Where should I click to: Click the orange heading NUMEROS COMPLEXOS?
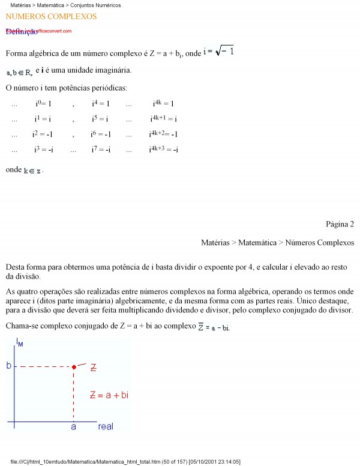tap(51, 16)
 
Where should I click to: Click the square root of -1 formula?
tap(218, 52)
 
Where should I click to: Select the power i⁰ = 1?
tap(43, 104)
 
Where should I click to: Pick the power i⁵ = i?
tap(100, 119)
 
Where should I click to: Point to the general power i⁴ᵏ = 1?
tap(163, 104)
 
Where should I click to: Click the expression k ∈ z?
tap(32, 171)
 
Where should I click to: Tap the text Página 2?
tap(340, 225)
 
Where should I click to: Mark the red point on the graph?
tap(74, 366)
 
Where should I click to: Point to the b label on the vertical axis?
tap(9, 365)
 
